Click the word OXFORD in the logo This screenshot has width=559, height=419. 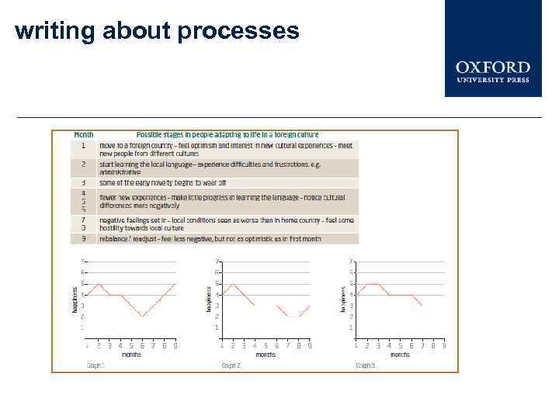tap(492, 68)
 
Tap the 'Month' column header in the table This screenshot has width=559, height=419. tap(83, 135)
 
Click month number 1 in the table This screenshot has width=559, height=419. tap(83, 145)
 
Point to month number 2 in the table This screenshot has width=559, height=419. tap(83, 164)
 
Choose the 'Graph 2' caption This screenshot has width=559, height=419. tap(231, 364)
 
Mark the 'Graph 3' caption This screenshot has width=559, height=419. tap(365, 364)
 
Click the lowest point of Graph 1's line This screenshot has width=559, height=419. tap(142, 317)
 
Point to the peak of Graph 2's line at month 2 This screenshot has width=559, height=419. tap(233, 284)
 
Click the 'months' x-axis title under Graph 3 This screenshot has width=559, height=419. tap(400, 355)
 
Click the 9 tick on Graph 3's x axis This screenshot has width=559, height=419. tap(444, 345)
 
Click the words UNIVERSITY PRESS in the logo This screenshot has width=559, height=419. tap(492, 79)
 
